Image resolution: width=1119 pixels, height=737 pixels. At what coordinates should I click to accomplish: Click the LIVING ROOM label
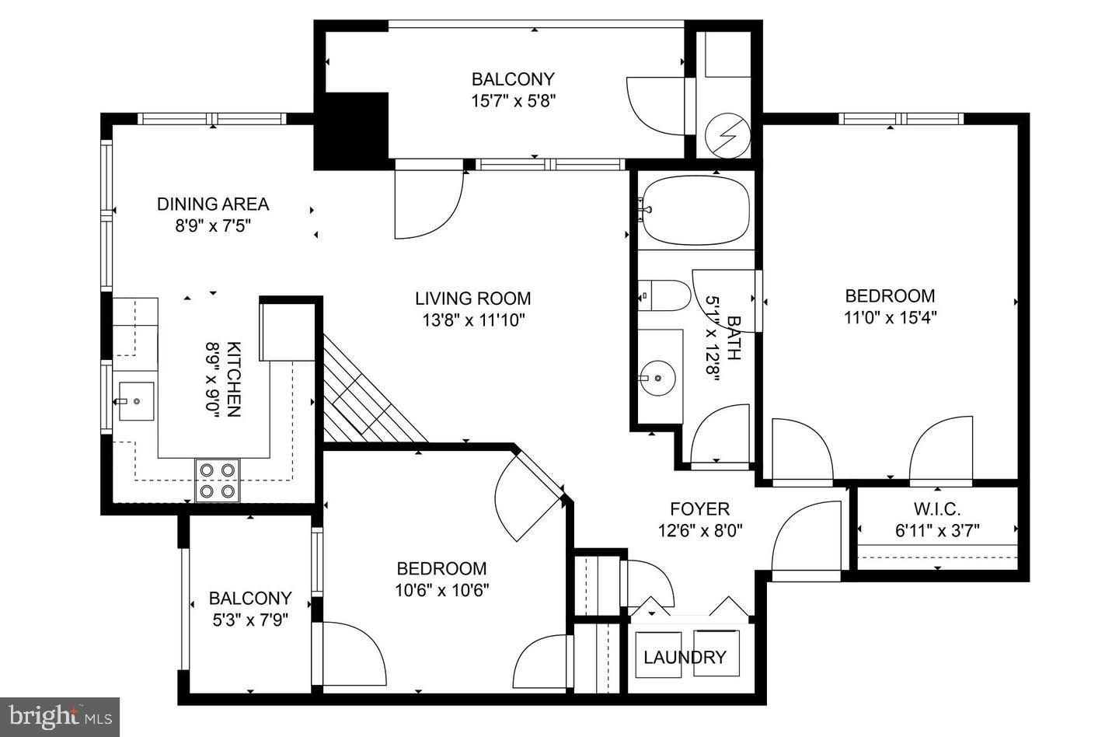[472, 299]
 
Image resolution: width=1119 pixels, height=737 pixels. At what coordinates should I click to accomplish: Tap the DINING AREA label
[213, 204]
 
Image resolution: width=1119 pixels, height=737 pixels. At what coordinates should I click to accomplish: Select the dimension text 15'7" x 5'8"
[513, 100]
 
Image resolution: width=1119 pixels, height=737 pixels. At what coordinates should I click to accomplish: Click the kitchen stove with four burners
[217, 480]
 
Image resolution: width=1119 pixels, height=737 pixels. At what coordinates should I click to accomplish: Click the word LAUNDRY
[685, 658]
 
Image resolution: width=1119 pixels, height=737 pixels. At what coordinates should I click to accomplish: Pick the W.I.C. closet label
[936, 510]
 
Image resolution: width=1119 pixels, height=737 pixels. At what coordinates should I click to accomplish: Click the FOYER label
[699, 509]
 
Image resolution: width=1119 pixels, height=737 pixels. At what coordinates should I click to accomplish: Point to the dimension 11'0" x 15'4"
[890, 317]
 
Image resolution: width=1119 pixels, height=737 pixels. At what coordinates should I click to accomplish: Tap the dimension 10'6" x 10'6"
[441, 590]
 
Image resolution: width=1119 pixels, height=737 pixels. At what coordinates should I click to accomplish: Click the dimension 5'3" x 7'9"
[249, 620]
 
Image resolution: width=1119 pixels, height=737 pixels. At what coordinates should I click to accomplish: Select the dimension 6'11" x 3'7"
[936, 531]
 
